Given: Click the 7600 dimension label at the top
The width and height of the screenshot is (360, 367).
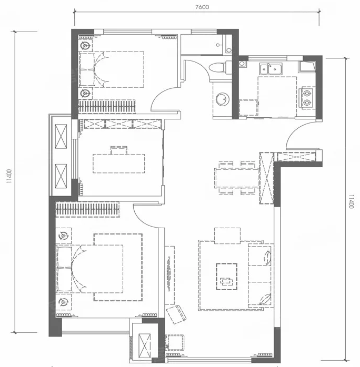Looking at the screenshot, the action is click(x=202, y=7).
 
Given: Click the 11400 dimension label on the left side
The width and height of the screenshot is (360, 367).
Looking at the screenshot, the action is click(x=9, y=176).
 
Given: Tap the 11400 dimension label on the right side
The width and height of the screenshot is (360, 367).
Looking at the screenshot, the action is click(x=351, y=201).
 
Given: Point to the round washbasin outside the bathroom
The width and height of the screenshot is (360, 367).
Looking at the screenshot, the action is click(x=222, y=99).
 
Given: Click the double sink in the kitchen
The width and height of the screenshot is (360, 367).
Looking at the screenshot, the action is click(x=271, y=68).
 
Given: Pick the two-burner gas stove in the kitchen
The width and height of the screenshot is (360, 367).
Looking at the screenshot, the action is click(x=307, y=98).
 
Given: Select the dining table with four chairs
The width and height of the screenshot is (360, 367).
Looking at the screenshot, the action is click(x=236, y=178).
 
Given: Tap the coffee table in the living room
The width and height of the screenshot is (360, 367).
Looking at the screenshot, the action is click(x=226, y=277).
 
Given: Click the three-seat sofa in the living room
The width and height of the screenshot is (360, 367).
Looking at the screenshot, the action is click(x=261, y=276).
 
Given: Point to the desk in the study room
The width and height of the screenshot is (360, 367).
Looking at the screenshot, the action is click(x=119, y=164).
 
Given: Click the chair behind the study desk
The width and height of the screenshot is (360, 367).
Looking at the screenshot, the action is click(x=119, y=150).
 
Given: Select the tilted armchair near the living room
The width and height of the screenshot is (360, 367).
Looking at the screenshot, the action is click(x=176, y=314).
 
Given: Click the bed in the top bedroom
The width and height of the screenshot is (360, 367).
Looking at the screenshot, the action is click(x=112, y=69).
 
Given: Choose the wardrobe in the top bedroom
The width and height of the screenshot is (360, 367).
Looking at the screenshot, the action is click(x=106, y=107).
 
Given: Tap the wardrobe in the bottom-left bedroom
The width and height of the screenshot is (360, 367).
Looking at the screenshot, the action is click(x=87, y=209).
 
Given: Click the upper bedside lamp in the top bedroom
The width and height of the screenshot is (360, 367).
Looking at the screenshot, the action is click(x=85, y=45).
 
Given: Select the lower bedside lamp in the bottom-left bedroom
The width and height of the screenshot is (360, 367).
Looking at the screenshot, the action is click(x=64, y=302).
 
